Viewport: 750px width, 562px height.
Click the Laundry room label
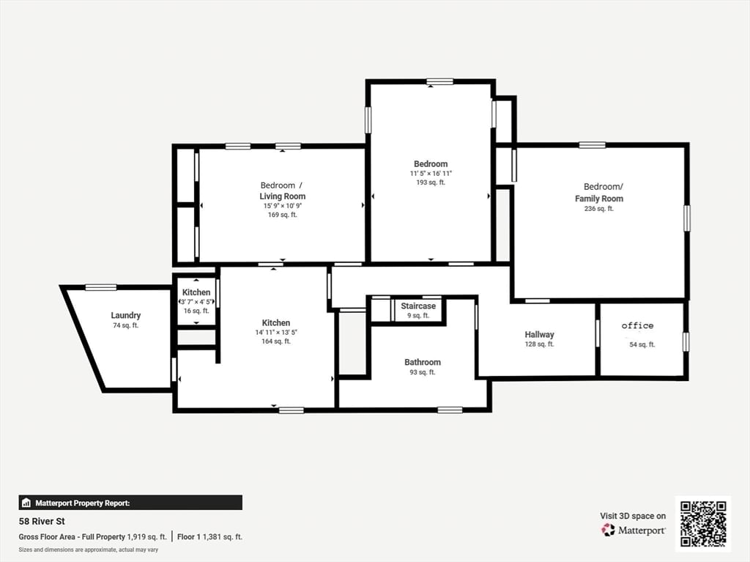(125, 316)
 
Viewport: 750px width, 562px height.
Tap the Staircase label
(418, 306)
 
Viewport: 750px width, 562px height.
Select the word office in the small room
(637, 326)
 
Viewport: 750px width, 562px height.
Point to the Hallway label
(539, 335)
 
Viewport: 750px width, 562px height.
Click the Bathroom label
(423, 363)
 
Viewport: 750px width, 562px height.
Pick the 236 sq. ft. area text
(598, 209)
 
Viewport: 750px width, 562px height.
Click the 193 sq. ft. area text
(430, 182)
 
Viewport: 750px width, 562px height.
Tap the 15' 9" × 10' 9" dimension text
(282, 206)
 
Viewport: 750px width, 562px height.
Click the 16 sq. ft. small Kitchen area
(196, 311)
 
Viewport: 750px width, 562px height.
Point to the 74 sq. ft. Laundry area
(125, 325)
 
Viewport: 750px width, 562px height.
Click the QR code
(702, 523)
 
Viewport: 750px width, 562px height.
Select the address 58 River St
(42, 522)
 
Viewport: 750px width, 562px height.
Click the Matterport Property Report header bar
(130, 503)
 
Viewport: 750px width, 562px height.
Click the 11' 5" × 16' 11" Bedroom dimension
(430, 174)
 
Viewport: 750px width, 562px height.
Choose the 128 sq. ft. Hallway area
(539, 344)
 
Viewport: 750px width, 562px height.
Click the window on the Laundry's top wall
(100, 287)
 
